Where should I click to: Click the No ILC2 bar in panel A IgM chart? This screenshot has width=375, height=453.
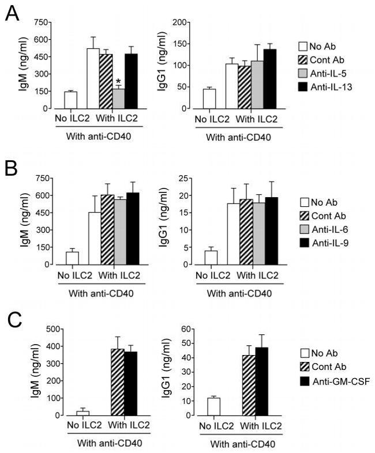pyautogui.click(x=70, y=100)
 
